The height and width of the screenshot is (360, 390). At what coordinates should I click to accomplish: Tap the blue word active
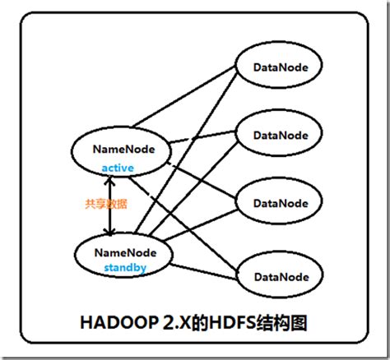coord(118,168)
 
